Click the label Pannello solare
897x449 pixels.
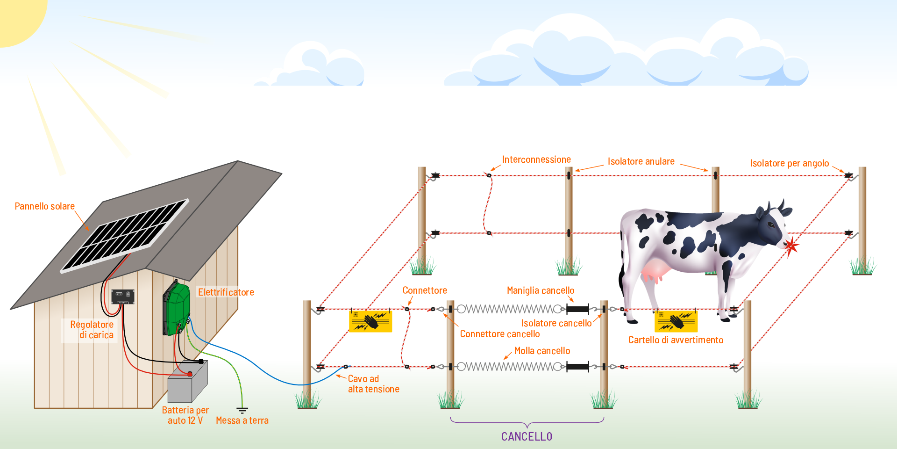coord(45,206)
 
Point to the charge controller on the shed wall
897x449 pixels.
coord(123,297)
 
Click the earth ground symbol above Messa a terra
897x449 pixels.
coord(242,410)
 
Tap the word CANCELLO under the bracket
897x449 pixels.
coord(527,436)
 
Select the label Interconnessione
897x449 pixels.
coord(536,159)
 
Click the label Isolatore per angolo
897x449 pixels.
coord(789,163)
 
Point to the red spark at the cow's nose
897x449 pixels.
coord(791,246)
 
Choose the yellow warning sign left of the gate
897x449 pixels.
coord(370,321)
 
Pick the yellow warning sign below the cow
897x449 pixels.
coord(676,321)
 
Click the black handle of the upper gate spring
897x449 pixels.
coord(577,309)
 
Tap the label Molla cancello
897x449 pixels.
coord(542,351)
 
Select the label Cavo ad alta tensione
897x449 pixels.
coord(373,384)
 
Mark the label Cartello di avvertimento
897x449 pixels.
coord(676,340)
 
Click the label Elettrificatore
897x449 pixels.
coord(226,292)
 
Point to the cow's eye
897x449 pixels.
coord(770,225)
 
